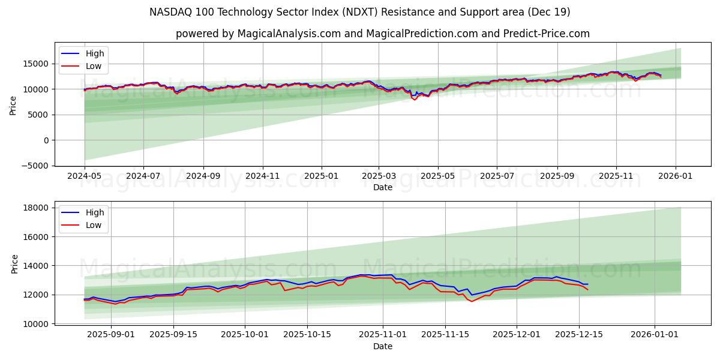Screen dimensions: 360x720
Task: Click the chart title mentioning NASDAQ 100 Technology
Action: pos(360,12)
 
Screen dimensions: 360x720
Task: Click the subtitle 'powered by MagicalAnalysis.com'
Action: pos(382,34)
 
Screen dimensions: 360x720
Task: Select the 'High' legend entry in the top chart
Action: pos(95,53)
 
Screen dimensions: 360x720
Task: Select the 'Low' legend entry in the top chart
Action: pos(94,67)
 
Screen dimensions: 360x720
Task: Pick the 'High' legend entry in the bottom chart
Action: pos(95,212)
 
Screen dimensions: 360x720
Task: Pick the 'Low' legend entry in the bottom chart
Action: pos(94,226)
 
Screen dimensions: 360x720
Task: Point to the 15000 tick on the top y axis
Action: pos(37,64)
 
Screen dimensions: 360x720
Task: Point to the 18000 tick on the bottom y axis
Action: pos(37,208)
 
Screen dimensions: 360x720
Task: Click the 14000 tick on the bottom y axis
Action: pos(37,266)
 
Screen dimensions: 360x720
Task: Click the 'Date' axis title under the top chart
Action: pos(382,187)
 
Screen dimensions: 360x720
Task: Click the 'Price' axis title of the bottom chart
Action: pos(15,263)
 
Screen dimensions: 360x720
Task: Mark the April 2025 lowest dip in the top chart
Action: pos(414,100)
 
